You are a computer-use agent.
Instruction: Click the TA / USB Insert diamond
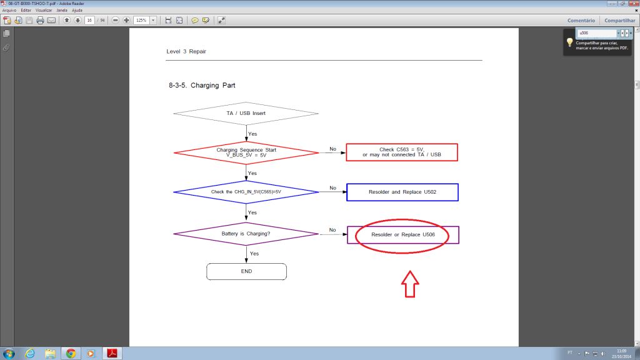246,113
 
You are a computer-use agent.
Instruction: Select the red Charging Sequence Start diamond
246,152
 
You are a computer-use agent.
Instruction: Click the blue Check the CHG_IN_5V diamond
246,191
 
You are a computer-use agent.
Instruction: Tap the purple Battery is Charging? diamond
246,234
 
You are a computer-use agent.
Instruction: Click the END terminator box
246,271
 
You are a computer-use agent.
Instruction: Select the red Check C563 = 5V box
402,152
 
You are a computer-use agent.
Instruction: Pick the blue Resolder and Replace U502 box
402,191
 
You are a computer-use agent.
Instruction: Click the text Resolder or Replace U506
402,234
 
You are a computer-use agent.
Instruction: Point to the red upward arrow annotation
409,284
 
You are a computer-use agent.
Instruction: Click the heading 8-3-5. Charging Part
202,85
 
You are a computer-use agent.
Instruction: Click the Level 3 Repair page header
186,51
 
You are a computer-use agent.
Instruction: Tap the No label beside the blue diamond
332,187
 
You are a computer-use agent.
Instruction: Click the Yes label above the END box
254,253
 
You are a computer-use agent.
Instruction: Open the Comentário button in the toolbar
581,20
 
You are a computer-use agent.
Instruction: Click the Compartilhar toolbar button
619,20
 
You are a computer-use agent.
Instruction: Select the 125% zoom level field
141,20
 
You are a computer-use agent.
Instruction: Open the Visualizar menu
44,10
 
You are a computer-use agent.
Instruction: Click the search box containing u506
597,32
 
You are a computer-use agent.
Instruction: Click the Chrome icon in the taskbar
71,353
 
